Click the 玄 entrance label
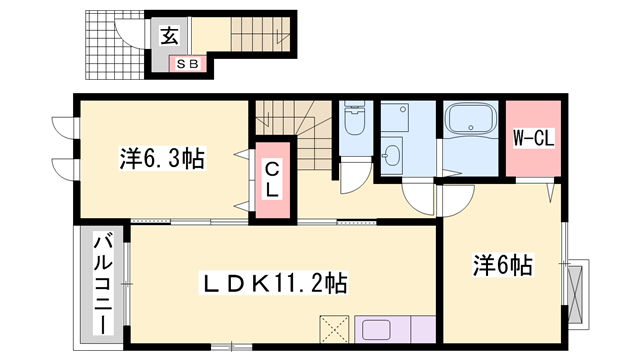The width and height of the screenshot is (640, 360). click(x=169, y=36)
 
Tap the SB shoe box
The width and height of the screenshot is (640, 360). click(x=187, y=64)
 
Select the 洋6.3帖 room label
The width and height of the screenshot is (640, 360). click(x=162, y=158)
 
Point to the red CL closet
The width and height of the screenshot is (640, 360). click(x=272, y=180)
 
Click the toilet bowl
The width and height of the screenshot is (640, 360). click(x=354, y=118)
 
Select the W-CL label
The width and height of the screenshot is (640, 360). click(x=533, y=139)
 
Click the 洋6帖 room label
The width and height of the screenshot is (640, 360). click(x=503, y=265)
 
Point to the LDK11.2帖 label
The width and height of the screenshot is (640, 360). click(x=273, y=283)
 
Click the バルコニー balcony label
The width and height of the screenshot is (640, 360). click(x=104, y=283)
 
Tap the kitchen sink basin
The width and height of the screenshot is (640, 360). click(x=376, y=330)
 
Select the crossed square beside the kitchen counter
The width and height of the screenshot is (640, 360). click(x=334, y=329)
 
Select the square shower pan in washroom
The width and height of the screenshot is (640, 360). click(x=395, y=117)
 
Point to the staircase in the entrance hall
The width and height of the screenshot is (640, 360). click(x=260, y=34)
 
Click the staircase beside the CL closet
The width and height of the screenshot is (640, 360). click(x=295, y=131)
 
